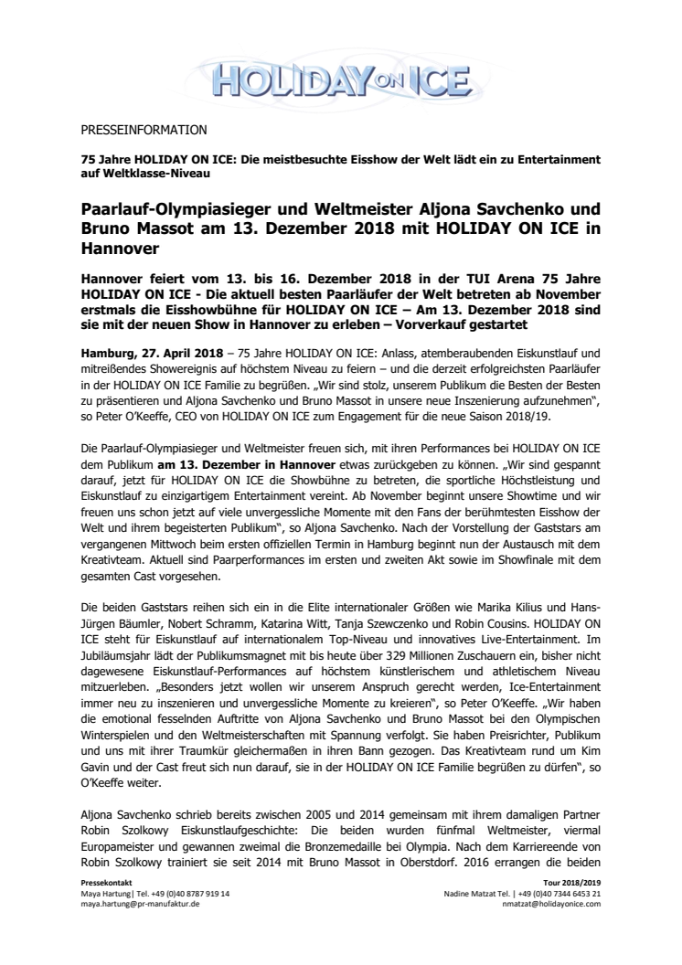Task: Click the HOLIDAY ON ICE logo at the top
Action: point(340,74)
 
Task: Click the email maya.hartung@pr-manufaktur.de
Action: point(142,903)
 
